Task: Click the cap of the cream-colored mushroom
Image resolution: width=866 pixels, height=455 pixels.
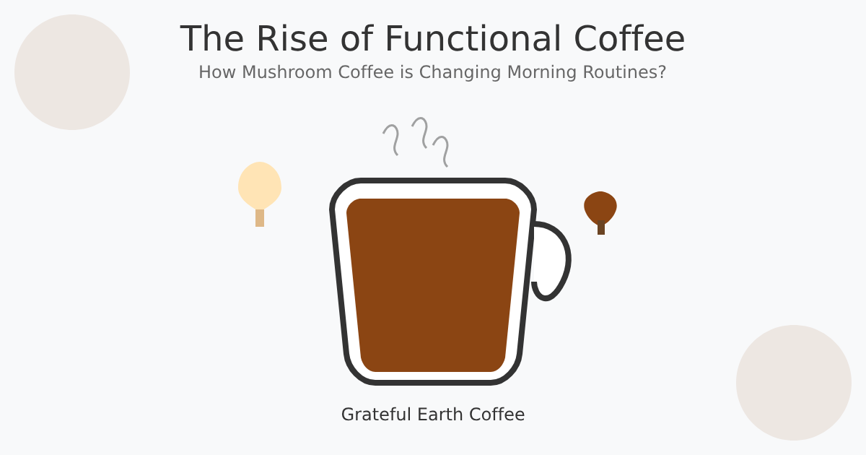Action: pyautogui.click(x=260, y=184)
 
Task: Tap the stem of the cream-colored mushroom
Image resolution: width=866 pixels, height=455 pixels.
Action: pyautogui.click(x=260, y=218)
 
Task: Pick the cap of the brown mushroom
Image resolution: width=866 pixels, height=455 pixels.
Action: pyautogui.click(x=600, y=206)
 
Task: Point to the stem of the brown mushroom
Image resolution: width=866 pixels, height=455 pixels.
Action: pyautogui.click(x=601, y=228)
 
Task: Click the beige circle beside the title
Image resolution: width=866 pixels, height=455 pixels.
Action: pyautogui.click(x=72, y=72)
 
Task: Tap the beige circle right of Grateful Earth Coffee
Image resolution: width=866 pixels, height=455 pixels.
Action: pyautogui.click(x=794, y=383)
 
